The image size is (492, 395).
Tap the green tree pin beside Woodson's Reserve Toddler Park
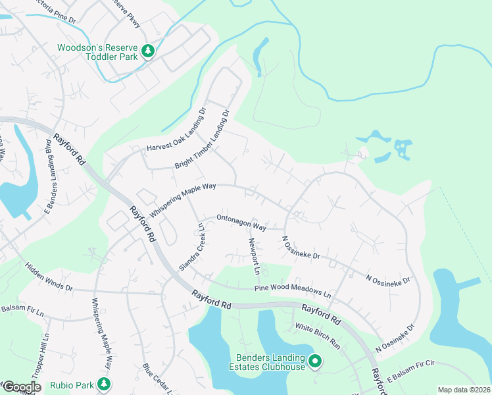(x=149, y=51)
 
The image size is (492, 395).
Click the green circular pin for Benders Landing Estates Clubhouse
(x=315, y=361)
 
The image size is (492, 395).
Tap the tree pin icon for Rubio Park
(x=103, y=383)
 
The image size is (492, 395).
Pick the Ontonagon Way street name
(x=241, y=223)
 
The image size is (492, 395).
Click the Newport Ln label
(x=253, y=255)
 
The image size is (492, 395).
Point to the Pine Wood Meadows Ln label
(x=293, y=290)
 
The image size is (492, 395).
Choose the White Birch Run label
(x=317, y=335)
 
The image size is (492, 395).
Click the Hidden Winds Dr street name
(x=49, y=278)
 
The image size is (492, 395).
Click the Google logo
(x=21, y=387)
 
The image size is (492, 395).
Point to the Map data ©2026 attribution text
(x=463, y=390)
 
